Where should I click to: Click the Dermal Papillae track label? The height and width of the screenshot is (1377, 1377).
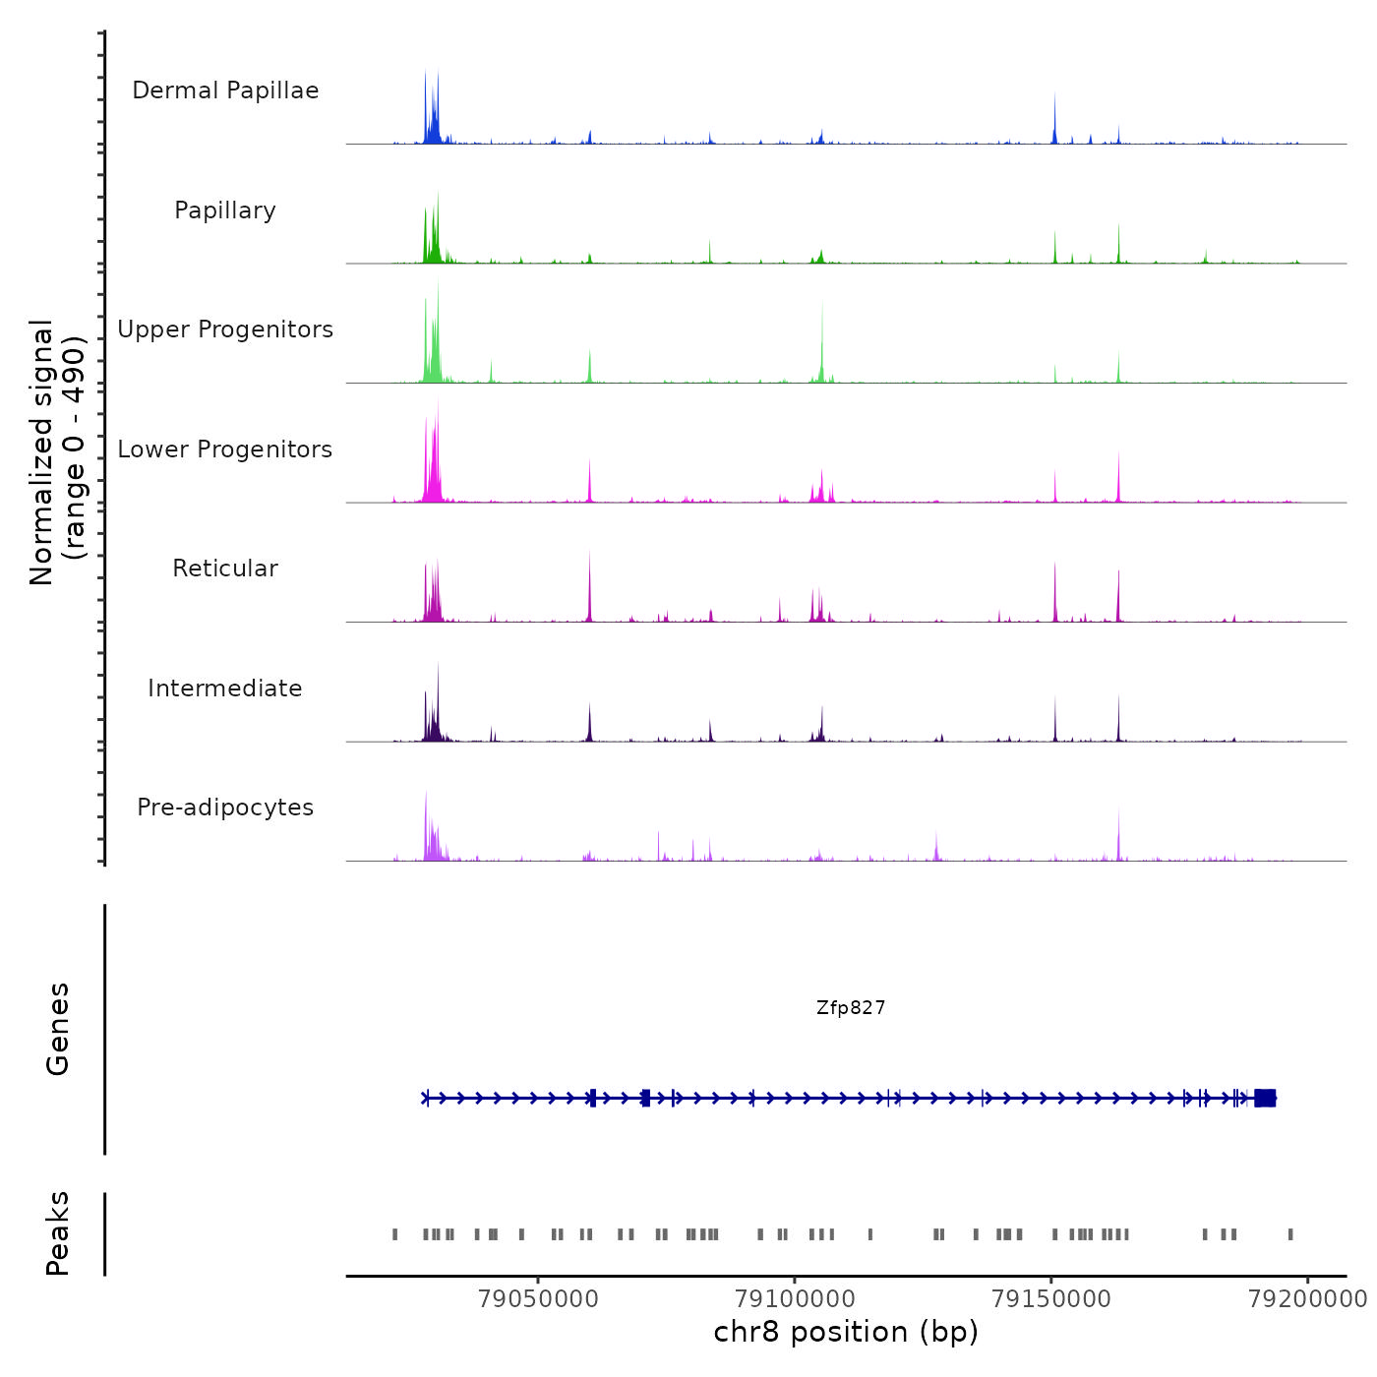click(225, 90)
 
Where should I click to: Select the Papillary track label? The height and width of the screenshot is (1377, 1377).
click(225, 210)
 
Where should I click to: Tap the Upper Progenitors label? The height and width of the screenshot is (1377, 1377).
click(225, 329)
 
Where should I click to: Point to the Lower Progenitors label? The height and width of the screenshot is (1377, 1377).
click(225, 449)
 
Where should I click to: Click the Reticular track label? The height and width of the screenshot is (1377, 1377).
click(225, 569)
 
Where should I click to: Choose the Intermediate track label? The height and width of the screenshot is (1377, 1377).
click(225, 688)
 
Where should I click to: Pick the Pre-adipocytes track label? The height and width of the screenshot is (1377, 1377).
click(225, 808)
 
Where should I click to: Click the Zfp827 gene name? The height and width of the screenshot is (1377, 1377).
click(851, 1008)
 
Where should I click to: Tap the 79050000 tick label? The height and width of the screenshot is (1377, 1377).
click(538, 1298)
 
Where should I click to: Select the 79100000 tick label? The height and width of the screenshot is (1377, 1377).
click(795, 1298)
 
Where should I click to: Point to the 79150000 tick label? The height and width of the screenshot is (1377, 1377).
click(1051, 1298)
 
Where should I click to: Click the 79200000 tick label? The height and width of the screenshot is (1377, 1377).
click(1307, 1298)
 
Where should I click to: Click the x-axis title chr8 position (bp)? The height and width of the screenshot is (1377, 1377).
click(846, 1332)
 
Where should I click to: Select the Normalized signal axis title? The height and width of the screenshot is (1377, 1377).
click(57, 452)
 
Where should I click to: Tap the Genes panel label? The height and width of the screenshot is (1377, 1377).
click(58, 1029)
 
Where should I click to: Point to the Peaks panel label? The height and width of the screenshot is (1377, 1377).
click(58, 1233)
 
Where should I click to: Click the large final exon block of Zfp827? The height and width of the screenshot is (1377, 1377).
click(1265, 1098)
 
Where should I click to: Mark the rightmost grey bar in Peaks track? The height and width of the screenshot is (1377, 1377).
click(1290, 1234)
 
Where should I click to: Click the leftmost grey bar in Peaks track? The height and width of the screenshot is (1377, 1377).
click(395, 1234)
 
